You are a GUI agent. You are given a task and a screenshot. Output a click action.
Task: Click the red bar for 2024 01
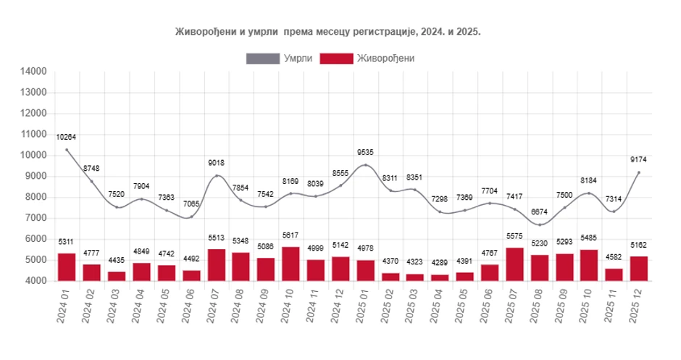tap(67, 267)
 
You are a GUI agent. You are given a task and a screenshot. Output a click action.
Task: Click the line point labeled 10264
tap(67, 150)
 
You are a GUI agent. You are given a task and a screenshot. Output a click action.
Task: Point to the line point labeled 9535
tap(366, 165)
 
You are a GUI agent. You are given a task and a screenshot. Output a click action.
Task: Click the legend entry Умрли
tap(280, 58)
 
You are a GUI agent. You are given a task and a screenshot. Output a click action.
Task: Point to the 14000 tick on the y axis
tap(34, 71)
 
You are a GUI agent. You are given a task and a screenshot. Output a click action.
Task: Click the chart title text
tap(327, 32)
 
